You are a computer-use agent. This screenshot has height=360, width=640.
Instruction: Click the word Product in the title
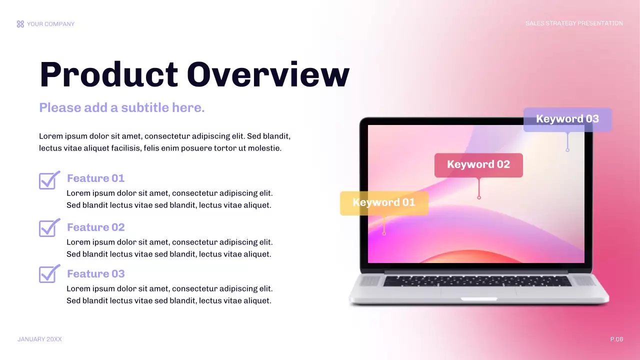[108, 75]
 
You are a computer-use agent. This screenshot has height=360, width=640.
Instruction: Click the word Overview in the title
[268, 75]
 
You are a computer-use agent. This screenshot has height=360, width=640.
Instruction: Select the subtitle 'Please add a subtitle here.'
[122, 107]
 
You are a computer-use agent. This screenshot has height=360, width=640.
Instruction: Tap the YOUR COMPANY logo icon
[20, 24]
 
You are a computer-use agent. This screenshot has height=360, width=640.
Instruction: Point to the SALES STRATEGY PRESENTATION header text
[574, 23]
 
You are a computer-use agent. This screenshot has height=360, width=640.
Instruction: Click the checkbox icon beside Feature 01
[49, 180]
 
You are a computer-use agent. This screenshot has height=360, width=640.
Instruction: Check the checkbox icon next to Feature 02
[49, 228]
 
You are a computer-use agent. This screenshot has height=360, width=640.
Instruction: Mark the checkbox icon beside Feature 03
[49, 274]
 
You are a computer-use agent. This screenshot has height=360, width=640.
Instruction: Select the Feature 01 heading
[95, 178]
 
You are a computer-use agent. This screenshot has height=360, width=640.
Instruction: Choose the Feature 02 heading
[95, 227]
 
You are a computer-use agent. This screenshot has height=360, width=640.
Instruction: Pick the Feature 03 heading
[95, 274]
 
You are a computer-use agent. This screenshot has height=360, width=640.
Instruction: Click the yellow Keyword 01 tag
[384, 202]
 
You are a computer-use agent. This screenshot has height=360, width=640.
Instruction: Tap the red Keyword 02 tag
[478, 164]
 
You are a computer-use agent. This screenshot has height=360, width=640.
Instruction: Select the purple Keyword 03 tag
[567, 119]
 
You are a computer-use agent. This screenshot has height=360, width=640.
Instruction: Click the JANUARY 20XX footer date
[39, 339]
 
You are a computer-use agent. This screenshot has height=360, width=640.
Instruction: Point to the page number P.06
[616, 339]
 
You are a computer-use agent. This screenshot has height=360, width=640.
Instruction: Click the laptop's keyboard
[477, 281]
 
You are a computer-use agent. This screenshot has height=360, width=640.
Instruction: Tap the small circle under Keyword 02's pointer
[479, 197]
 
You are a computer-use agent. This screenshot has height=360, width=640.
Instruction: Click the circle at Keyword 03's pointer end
[567, 149]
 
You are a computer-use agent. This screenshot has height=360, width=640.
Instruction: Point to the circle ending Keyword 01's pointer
[384, 233]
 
